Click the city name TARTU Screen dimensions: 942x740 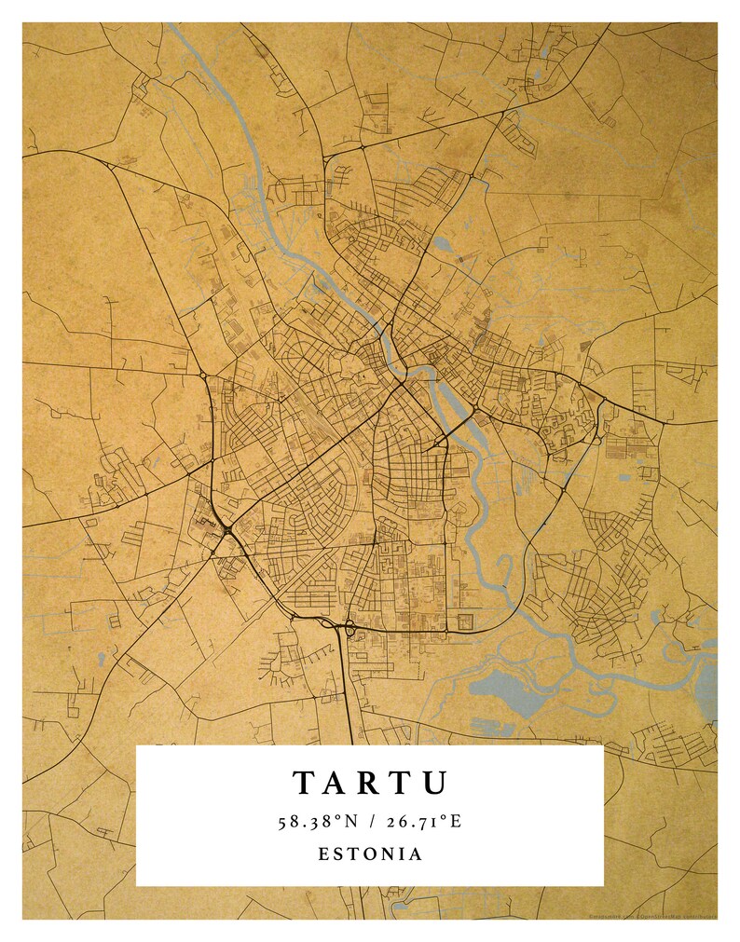pos(370,783)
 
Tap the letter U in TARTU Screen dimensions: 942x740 pos(434,783)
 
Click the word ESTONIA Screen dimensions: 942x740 pos(370,853)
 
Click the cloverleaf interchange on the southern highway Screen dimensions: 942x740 pos(350,631)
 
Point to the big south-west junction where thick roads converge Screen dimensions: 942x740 pos(226,531)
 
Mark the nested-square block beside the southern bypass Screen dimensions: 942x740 pos(463,621)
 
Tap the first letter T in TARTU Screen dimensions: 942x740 pos(306,783)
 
